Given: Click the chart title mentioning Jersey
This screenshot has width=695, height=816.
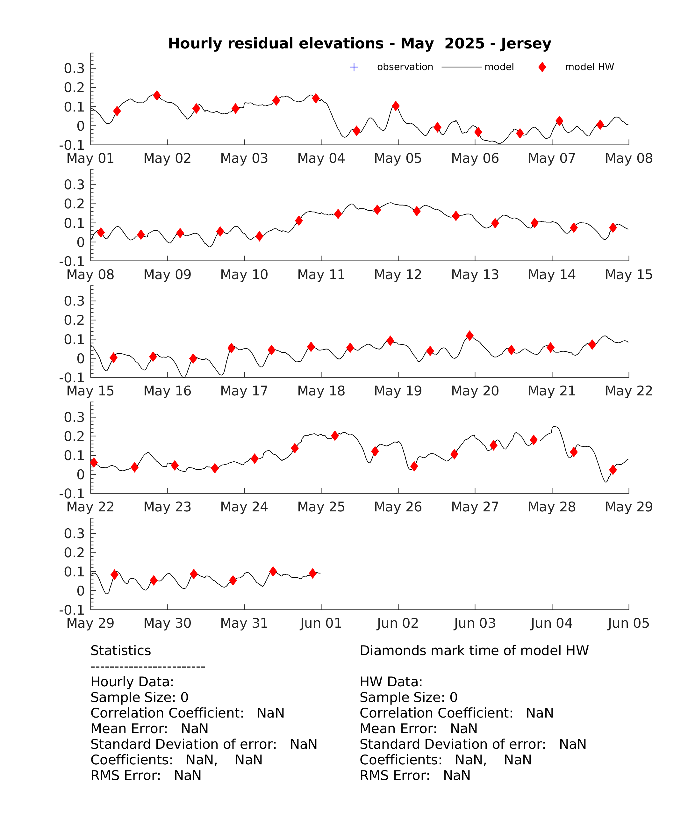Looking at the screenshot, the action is point(360,43).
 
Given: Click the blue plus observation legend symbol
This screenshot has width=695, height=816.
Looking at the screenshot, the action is point(354,67).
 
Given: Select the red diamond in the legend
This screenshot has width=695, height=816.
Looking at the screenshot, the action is point(542,67).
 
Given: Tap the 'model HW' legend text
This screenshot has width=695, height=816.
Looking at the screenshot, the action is point(590,67).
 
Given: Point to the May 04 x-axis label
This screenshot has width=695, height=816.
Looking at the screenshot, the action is point(321,159).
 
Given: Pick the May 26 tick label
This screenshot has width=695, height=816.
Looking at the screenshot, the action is point(398,507).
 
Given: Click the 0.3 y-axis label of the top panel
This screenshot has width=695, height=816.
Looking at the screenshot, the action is point(75,69).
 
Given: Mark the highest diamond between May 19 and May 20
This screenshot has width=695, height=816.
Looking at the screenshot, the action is point(469,336).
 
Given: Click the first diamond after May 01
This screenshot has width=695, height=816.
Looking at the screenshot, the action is point(117,111).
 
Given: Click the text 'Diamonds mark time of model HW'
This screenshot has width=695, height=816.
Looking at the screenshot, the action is point(474,651).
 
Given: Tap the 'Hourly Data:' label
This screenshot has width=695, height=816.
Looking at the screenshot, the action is point(132,682).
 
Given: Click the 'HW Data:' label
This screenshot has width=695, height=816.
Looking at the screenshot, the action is point(391,682).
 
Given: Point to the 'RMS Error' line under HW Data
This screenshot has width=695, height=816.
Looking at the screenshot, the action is point(415,776).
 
